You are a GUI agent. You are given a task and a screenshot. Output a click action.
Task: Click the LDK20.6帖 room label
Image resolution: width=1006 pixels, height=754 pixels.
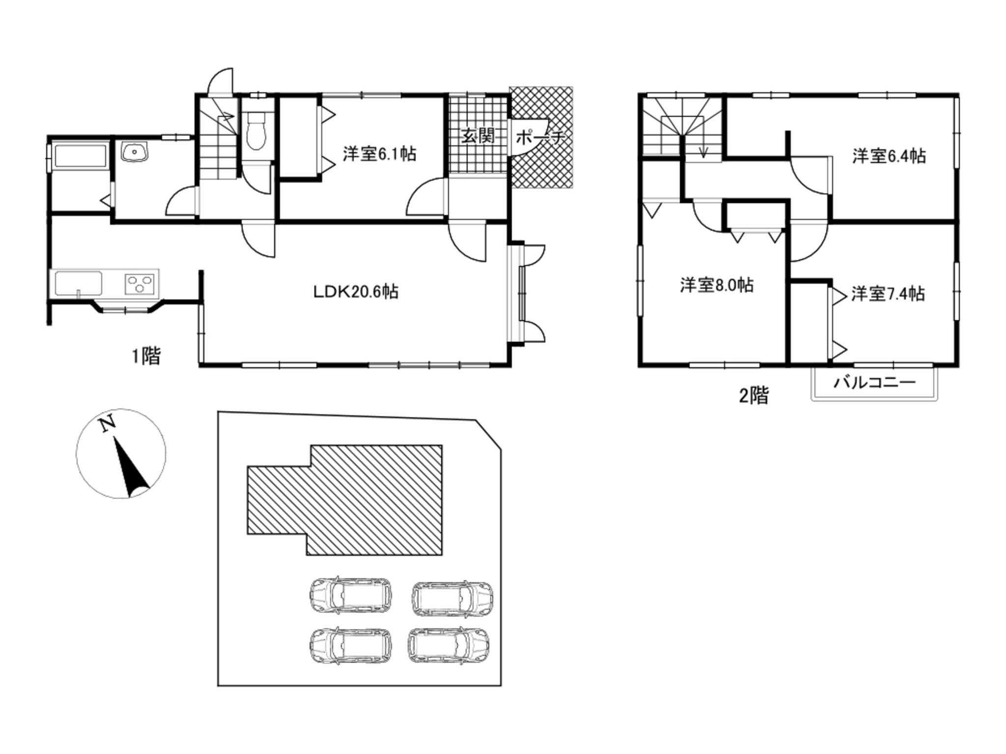click(x=356, y=292)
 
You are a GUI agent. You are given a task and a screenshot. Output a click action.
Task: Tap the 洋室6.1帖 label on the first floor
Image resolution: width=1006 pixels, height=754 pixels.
click(x=379, y=154)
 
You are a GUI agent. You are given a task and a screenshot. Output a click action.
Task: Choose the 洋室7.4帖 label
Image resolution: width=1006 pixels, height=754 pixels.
click(x=888, y=294)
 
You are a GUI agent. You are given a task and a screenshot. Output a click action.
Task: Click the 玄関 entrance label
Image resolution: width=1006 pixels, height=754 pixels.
click(x=477, y=136)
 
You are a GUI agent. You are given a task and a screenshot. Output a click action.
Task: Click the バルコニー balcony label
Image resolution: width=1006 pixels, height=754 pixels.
click(x=875, y=382)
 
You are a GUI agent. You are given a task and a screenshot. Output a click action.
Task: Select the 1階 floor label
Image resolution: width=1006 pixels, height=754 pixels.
click(x=146, y=355)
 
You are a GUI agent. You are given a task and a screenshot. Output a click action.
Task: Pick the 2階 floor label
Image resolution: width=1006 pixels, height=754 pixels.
click(x=754, y=395)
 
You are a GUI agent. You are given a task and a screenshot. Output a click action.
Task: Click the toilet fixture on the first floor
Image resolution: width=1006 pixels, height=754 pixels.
click(x=257, y=131)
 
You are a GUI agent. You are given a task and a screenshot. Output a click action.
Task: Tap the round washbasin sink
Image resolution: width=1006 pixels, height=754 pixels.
click(x=134, y=152)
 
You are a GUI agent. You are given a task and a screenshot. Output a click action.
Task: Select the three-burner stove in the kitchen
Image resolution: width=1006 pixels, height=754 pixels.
click(x=141, y=283)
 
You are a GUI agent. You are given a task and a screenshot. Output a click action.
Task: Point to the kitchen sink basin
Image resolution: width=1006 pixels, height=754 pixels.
click(x=79, y=283)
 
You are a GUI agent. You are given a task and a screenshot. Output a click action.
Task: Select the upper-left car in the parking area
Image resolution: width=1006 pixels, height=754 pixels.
click(x=351, y=595)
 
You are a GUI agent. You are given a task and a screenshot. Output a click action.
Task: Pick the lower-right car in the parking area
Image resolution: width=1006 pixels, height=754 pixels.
click(x=448, y=646)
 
